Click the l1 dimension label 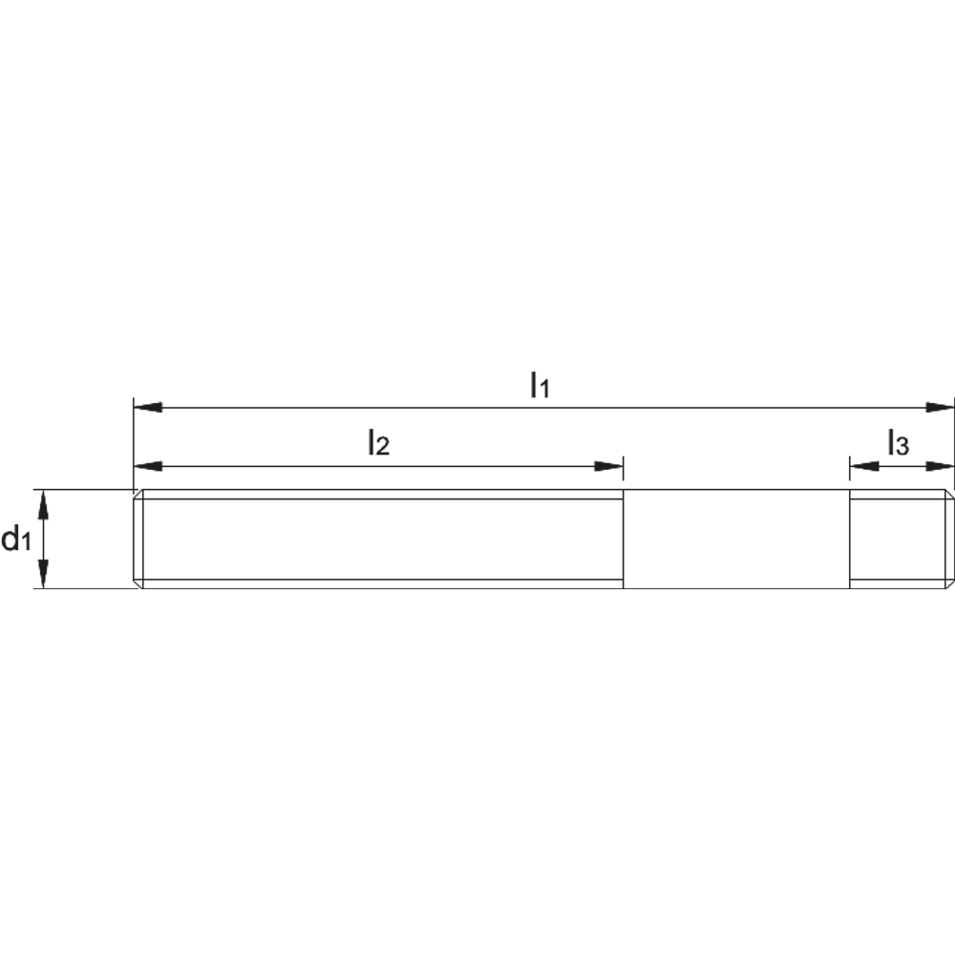540,385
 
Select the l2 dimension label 378,443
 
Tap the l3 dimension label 898,443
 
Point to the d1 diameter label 16,539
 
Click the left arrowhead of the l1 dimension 148,407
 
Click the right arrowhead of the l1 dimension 940,407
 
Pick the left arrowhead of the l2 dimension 148,467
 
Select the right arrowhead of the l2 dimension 608,467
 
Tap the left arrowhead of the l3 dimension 864,467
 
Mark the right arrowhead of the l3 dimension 940,467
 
